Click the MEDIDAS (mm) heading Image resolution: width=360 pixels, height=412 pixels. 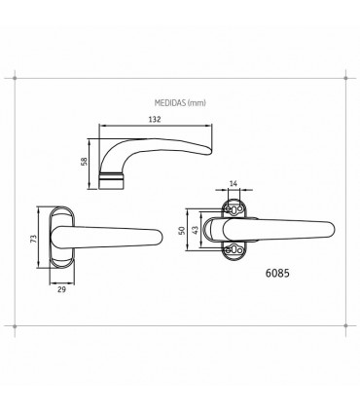180,103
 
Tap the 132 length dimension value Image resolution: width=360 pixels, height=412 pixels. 155,119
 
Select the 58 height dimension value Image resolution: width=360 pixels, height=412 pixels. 84,162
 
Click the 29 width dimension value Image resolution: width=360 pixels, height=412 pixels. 61,289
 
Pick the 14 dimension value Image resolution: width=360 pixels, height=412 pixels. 234,183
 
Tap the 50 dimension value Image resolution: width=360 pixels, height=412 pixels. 182,231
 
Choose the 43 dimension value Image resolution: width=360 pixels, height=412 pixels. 196,231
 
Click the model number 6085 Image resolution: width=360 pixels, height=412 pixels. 277,273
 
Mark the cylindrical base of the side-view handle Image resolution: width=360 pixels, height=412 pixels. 112,180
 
